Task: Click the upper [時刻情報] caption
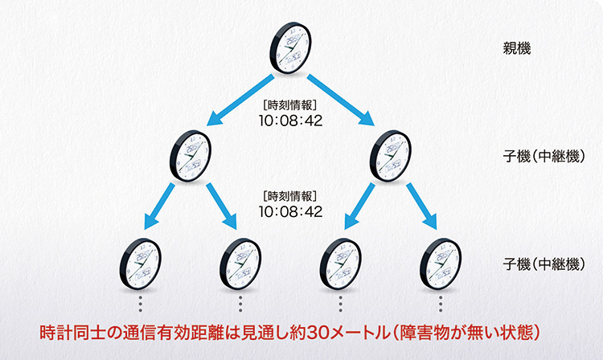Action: coord(290,105)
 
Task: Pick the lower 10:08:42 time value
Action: coord(290,212)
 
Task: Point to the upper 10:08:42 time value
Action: coord(290,121)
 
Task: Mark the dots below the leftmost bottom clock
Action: coord(141,304)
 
